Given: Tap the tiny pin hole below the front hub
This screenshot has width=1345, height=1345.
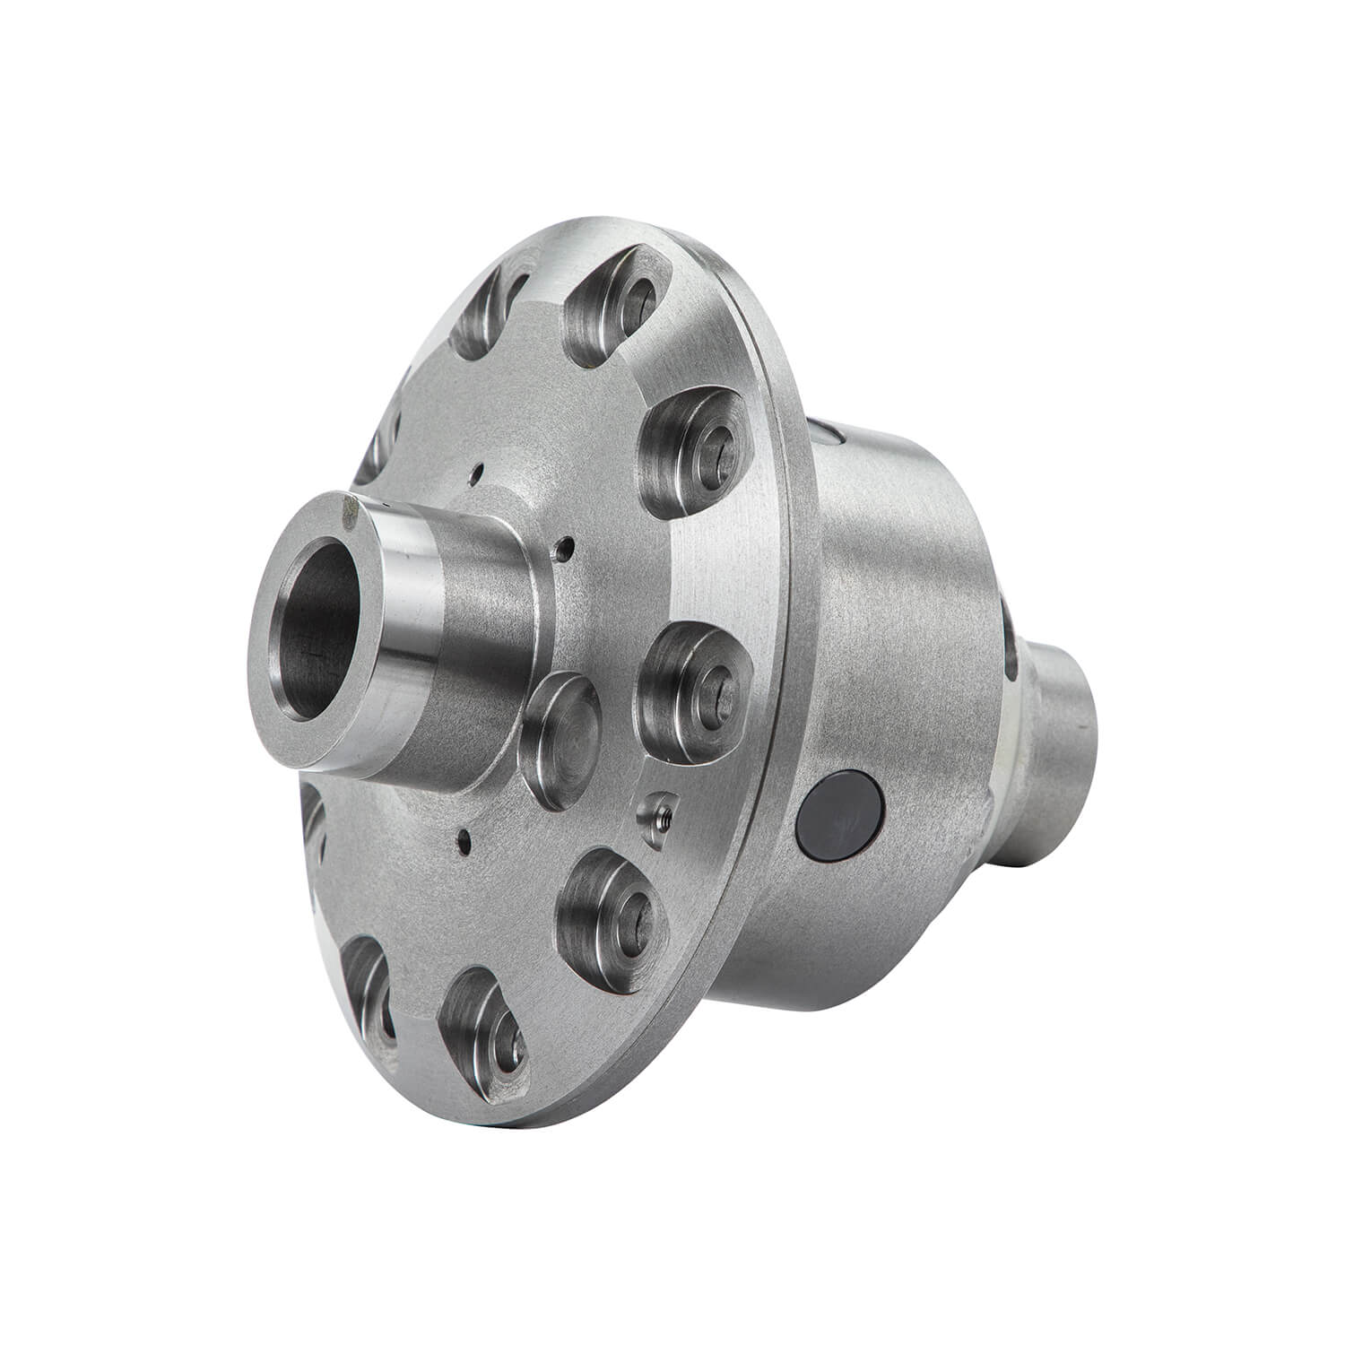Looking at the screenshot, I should tap(463, 840).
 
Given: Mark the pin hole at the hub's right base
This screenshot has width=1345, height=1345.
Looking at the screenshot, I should tap(562, 547).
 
